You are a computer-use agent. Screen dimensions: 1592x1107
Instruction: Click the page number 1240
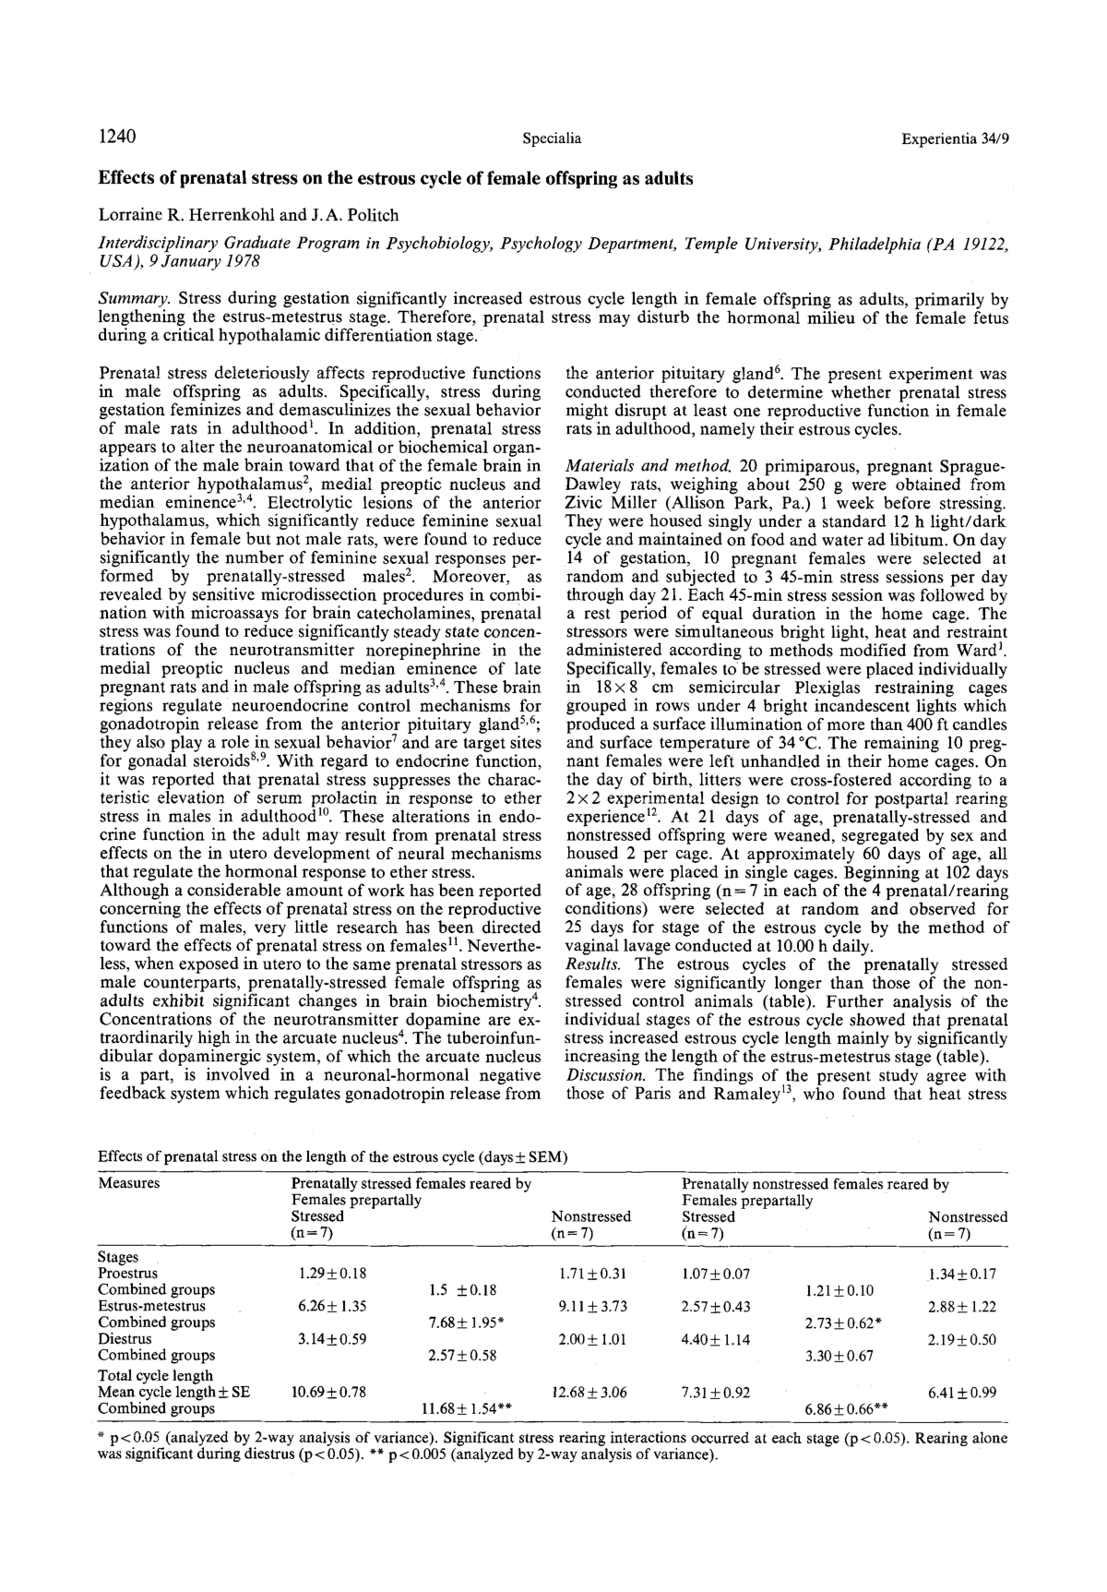tap(117, 138)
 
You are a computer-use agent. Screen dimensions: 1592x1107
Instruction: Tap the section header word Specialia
tap(552, 139)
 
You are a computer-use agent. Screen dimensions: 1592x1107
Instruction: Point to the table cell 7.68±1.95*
tap(465, 1323)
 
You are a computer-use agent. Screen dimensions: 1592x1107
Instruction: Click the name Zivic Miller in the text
tap(607, 503)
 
